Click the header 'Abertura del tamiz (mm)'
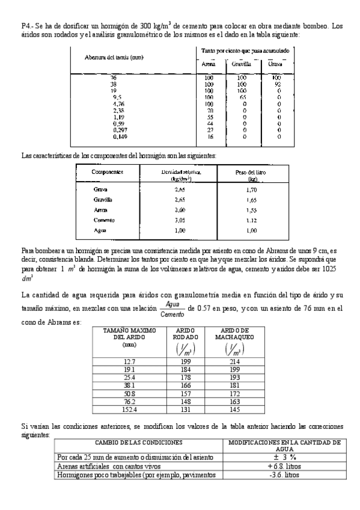[x=114, y=57]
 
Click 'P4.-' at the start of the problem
[x=28, y=26]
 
